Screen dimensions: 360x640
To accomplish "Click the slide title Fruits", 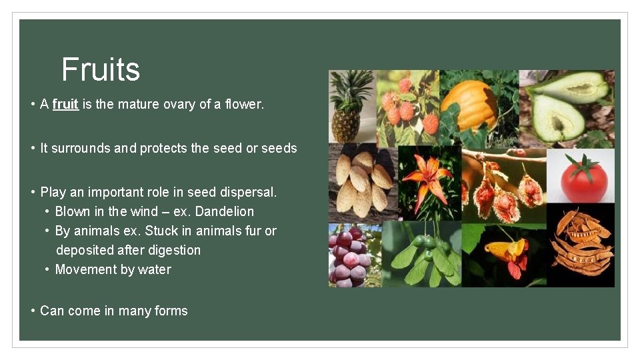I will [101, 69].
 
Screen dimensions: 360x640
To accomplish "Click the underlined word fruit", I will [65, 104].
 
